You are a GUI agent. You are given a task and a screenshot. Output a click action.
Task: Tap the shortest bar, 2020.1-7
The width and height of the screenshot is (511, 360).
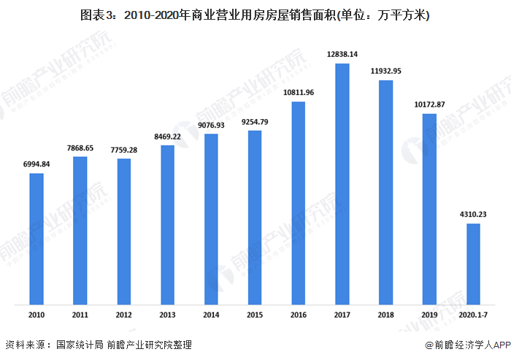pos(473,264)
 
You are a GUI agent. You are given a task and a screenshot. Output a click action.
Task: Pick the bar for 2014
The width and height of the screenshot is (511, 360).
pos(211,219)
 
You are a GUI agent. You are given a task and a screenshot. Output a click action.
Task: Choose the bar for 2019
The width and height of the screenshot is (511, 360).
pos(429,209)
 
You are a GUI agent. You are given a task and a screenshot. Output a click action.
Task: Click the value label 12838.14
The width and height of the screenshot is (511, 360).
pos(342,55)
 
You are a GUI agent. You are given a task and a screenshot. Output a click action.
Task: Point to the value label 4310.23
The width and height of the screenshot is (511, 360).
pos(473,214)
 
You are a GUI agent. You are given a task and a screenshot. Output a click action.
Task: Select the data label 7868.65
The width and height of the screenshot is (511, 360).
pos(80,148)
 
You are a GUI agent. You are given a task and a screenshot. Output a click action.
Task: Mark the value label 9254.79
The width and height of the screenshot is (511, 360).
pos(255,121)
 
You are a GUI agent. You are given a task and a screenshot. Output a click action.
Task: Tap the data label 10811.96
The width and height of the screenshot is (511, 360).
pos(299,93)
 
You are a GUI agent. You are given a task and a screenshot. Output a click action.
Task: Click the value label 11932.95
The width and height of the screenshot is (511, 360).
pos(386,72)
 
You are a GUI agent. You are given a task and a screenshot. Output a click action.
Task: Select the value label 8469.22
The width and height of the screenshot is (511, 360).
pos(167,136)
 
